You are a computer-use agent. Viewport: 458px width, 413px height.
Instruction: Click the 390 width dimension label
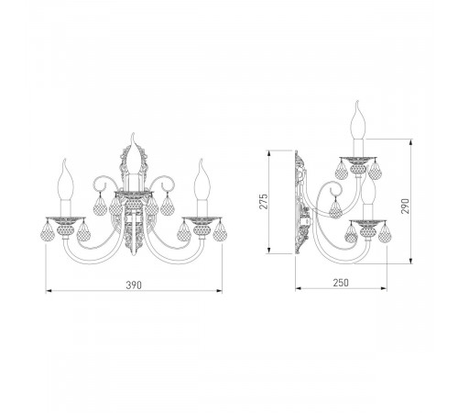pos(134,285)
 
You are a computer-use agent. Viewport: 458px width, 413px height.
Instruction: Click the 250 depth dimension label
pos(341,283)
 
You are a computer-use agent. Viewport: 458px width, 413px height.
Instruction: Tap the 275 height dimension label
pos(263,201)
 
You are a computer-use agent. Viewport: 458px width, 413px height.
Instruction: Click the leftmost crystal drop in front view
pos(47,230)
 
